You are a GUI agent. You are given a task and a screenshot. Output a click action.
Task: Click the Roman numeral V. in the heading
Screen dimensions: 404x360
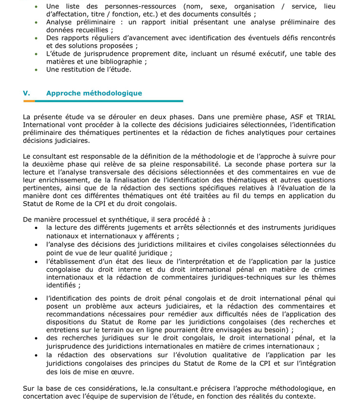pos(27,93)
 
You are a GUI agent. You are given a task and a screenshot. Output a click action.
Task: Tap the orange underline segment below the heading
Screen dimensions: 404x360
pos(29,101)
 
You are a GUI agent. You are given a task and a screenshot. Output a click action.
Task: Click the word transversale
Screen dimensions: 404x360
pos(112,172)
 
